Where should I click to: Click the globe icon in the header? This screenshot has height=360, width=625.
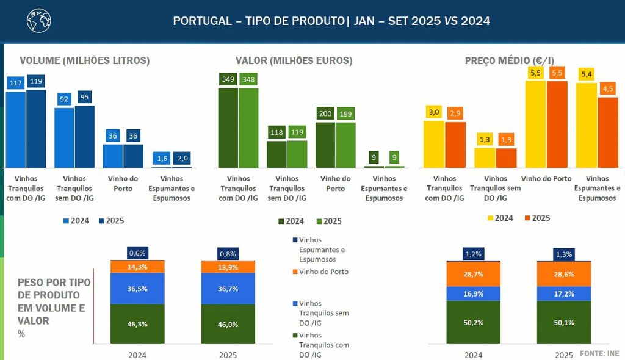pyautogui.click(x=37, y=21)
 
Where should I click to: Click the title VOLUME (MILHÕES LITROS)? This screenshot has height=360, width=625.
pyautogui.click(x=84, y=61)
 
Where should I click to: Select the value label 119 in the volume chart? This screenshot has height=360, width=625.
pyautogui.click(x=35, y=81)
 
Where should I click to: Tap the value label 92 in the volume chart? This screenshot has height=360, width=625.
pyautogui.click(x=64, y=98)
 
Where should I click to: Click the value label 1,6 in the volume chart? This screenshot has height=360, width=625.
pyautogui.click(x=162, y=159)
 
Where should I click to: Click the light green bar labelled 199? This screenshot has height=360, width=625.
pyautogui.click(x=345, y=144)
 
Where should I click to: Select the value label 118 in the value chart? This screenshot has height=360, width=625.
pyautogui.click(x=276, y=132)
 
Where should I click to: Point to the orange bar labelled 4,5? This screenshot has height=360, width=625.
pyautogui.click(x=608, y=132)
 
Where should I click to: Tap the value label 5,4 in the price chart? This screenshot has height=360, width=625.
pyautogui.click(x=587, y=74)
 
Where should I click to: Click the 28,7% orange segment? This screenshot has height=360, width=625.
pyautogui.click(x=473, y=275)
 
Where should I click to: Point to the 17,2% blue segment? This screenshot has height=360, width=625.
pyautogui.click(x=564, y=293)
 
